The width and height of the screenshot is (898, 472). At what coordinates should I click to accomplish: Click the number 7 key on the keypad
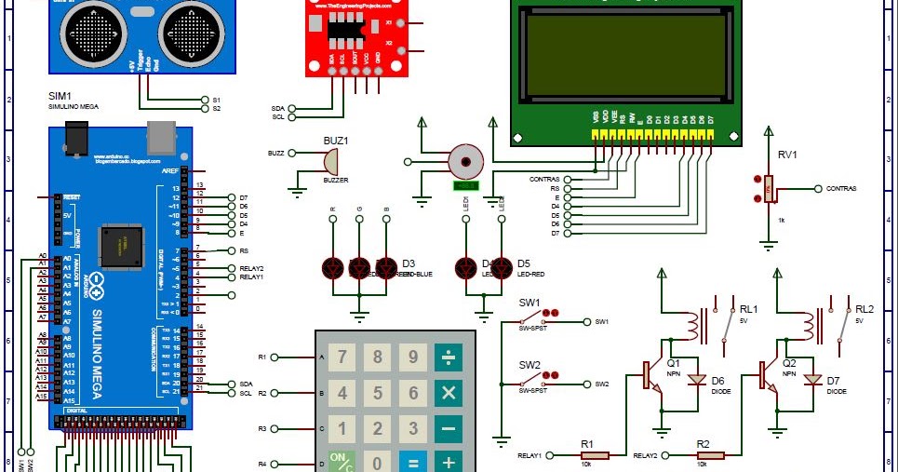[342, 357]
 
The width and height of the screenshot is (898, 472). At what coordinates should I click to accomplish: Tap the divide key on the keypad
[449, 357]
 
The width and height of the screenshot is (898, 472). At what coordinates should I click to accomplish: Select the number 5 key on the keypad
[378, 393]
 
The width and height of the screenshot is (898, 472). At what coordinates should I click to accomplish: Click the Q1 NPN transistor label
[673, 362]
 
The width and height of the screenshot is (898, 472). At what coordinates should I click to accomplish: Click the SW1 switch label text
[529, 303]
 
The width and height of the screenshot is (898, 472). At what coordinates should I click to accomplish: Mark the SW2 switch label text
[529, 364]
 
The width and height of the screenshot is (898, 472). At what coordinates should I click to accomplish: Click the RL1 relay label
[749, 309]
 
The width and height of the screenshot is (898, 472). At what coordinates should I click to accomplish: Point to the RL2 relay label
[864, 309]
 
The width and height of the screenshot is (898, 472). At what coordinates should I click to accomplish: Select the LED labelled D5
[502, 268]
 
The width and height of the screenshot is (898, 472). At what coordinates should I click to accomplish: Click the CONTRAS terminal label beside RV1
[840, 188]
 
